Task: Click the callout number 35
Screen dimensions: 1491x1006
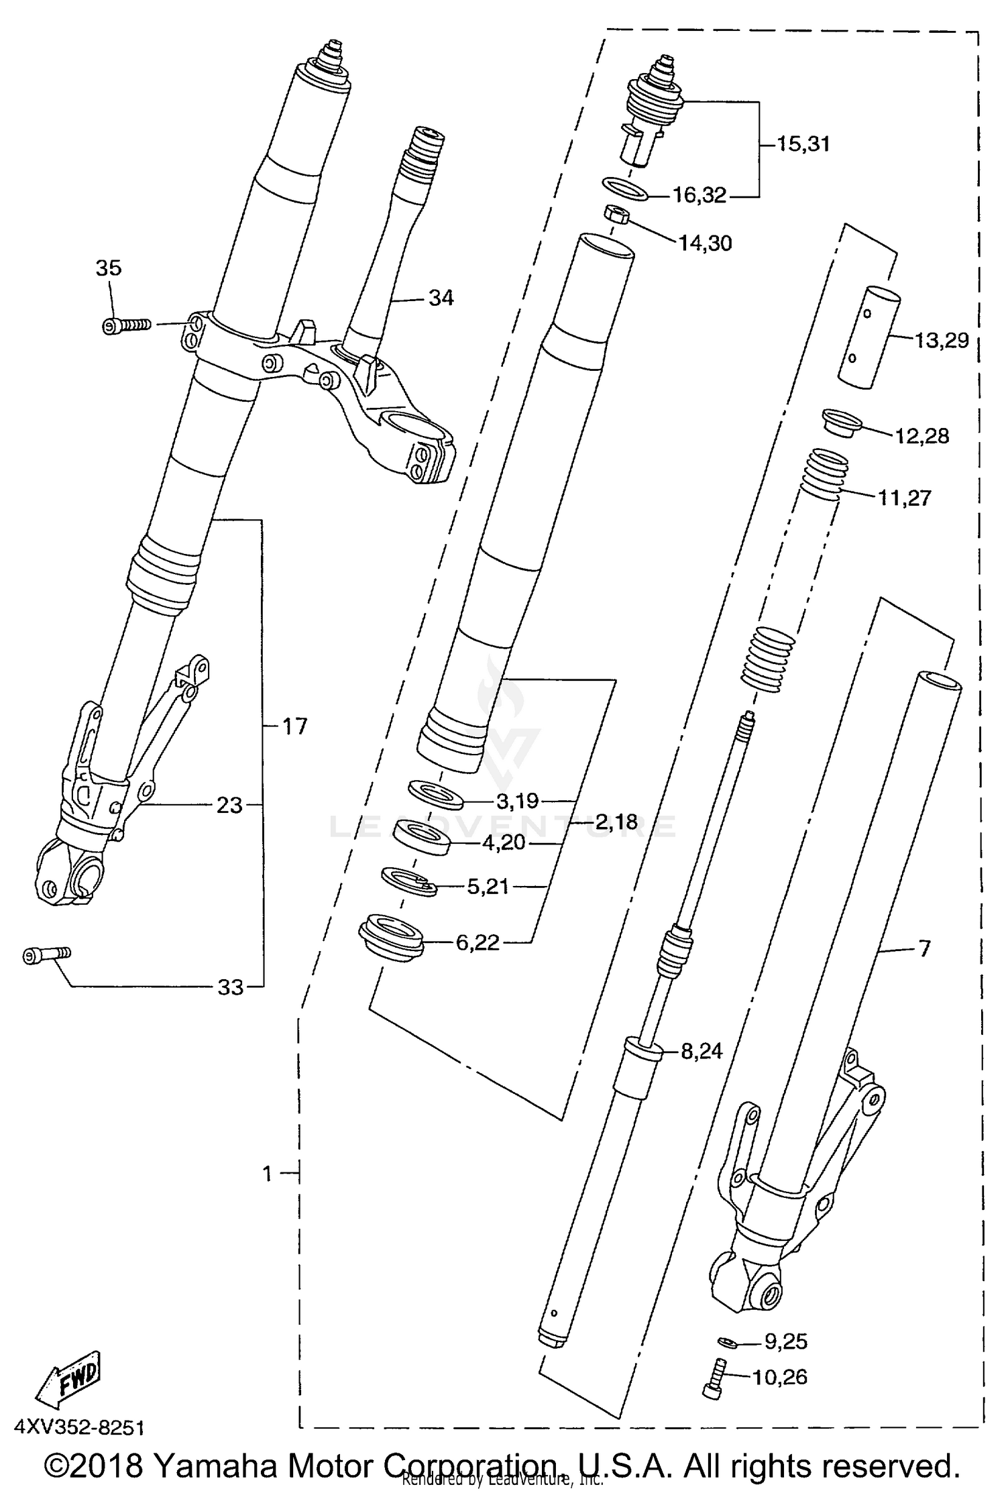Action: (x=108, y=268)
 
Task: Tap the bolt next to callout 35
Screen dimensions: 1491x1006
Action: (x=125, y=326)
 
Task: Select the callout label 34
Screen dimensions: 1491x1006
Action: (x=441, y=298)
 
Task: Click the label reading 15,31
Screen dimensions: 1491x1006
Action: (x=803, y=144)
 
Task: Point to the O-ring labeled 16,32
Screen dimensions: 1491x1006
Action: (x=626, y=188)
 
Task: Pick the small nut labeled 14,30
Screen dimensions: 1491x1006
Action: (x=615, y=216)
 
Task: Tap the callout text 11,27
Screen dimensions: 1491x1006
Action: (x=903, y=498)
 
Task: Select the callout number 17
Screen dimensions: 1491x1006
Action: (x=294, y=726)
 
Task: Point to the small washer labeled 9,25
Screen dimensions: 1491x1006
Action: (x=726, y=1342)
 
